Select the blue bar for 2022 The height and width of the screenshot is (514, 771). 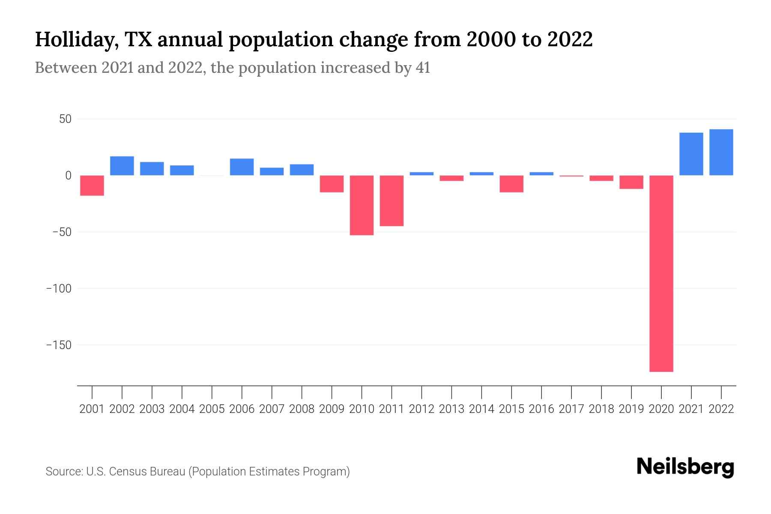[x=721, y=152]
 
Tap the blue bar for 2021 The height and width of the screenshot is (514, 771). [x=691, y=154]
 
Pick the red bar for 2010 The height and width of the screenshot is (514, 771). [x=362, y=205]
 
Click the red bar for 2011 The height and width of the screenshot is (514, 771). [x=391, y=200]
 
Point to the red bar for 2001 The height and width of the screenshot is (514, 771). [x=92, y=185]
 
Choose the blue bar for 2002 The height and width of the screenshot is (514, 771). [x=122, y=166]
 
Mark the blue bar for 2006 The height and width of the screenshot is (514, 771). [x=242, y=167]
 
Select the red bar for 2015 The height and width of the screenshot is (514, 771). [x=511, y=184]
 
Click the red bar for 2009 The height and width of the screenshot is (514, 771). [x=332, y=184]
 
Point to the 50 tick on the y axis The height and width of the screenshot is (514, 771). [x=65, y=119]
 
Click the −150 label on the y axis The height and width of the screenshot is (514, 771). [x=59, y=345]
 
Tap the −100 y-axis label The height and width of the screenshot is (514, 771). [x=59, y=288]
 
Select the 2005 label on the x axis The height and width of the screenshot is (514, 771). [x=212, y=409]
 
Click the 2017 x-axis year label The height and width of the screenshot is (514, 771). [x=571, y=409]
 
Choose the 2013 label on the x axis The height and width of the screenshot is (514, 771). [x=451, y=409]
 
